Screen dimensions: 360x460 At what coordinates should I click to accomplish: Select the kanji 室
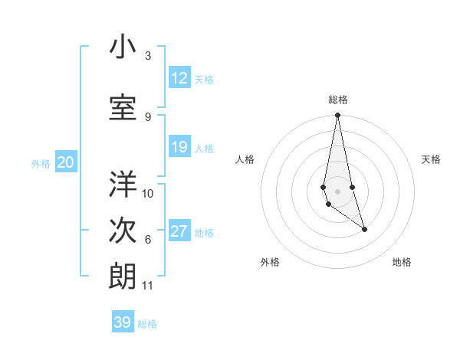tap(123, 108)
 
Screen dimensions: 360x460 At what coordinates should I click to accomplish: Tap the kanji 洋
tap(123, 185)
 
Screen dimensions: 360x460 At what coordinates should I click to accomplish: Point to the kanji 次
tap(123, 231)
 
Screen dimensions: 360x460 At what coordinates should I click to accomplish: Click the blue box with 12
tap(179, 78)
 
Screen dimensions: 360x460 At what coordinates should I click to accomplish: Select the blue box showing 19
tap(179, 148)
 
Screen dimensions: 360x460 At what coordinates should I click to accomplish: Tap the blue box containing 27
tap(179, 232)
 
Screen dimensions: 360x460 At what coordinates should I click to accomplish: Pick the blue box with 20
tap(66, 162)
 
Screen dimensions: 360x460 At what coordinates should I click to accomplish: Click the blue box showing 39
tap(123, 322)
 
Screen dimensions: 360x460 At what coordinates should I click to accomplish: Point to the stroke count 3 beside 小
tap(148, 56)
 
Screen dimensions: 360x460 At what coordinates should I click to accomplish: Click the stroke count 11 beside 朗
tap(148, 286)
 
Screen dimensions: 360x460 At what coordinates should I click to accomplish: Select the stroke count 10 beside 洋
tap(148, 193)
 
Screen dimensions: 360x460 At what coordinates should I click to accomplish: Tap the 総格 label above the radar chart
tap(337, 100)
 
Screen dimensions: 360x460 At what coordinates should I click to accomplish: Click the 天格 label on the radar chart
tap(432, 159)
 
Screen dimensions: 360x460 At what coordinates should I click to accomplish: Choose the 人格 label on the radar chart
tap(245, 159)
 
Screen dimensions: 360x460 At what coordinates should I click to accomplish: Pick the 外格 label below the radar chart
tap(270, 262)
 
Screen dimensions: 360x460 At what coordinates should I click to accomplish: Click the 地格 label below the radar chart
tap(402, 262)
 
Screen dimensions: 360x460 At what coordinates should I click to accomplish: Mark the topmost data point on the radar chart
tap(337, 116)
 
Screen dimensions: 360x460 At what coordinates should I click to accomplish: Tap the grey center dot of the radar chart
tap(337, 191)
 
